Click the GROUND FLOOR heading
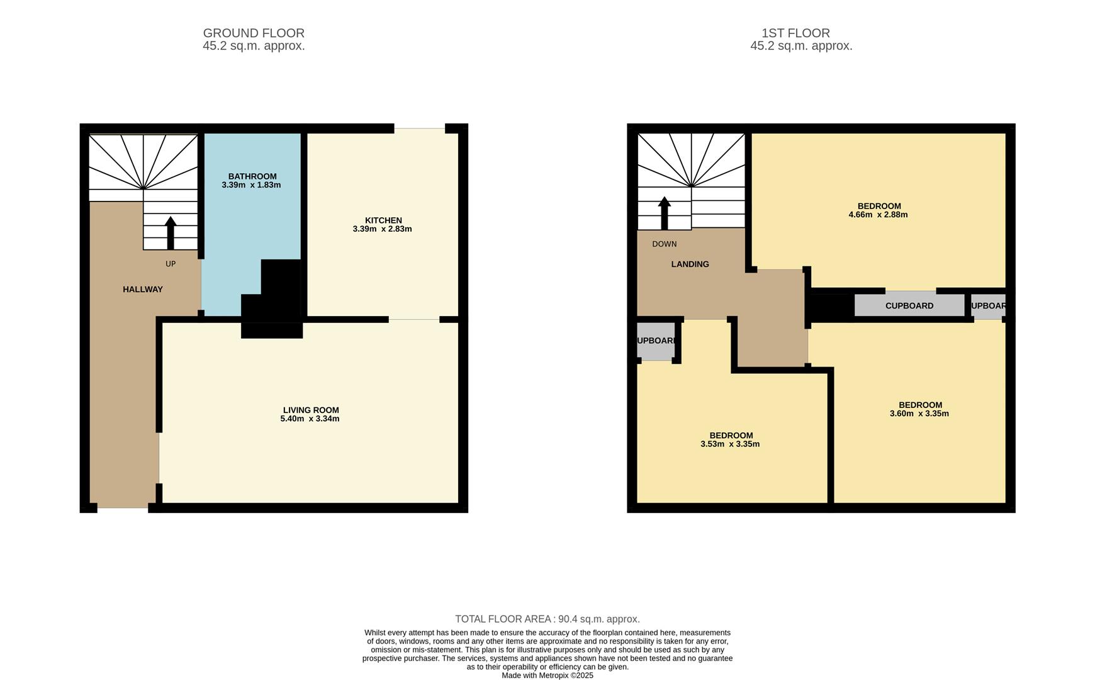(254, 33)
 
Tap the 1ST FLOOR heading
(795, 33)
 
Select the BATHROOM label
(252, 176)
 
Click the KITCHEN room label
(383, 220)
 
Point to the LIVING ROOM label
(311, 410)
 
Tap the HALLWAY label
(143, 290)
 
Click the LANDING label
(690, 264)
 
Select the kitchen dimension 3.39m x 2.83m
(382, 229)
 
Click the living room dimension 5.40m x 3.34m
(310, 419)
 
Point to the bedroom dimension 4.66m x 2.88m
(878, 215)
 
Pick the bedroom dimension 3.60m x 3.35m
(919, 414)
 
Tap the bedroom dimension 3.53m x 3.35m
(730, 444)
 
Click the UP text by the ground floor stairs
(171, 264)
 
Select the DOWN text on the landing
(665, 244)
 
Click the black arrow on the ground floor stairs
(171, 232)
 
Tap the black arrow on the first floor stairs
(664, 213)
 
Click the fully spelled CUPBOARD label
(909, 306)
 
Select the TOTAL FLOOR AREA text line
(547, 619)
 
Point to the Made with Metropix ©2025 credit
(547, 676)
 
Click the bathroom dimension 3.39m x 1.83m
(251, 185)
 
